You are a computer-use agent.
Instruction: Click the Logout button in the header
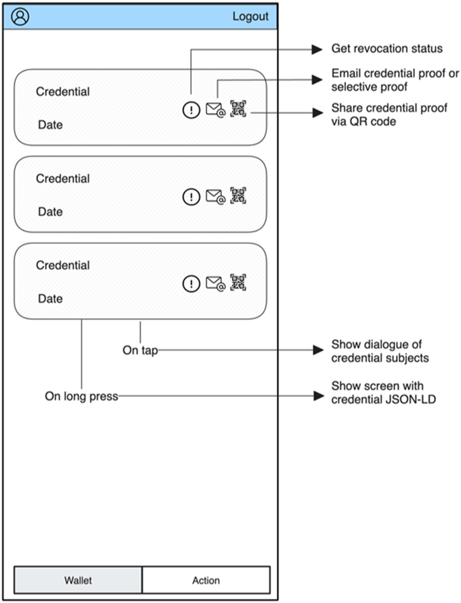point(251,16)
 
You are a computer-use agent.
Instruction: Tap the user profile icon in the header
point(20,16)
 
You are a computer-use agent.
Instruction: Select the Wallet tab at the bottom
point(78,580)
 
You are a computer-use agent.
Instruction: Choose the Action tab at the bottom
point(206,580)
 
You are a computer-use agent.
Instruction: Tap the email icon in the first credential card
point(215,109)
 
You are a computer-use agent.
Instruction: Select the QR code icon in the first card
point(238,108)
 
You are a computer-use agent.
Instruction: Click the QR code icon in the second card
point(238,195)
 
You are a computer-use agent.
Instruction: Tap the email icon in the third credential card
point(215,283)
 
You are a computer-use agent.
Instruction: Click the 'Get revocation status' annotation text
point(387,49)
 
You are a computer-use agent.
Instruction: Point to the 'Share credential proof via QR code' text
point(389,114)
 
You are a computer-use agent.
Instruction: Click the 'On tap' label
point(140,351)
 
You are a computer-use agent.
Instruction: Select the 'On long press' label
point(82,396)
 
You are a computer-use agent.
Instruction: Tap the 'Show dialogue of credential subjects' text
point(380,351)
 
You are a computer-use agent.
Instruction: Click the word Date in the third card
point(51,299)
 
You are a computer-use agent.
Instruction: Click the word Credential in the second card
point(63,178)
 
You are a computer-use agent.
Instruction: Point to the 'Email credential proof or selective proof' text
point(395,80)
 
